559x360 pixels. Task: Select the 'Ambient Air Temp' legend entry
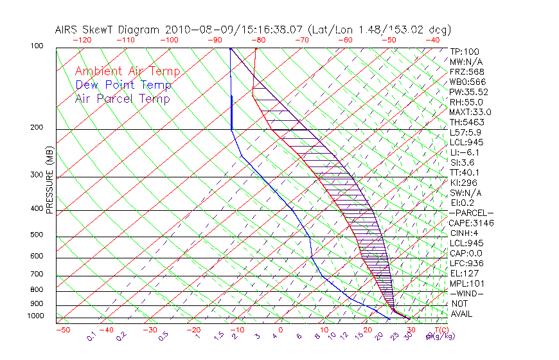[x=127, y=71]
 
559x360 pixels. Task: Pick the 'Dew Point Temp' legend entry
[x=123, y=85]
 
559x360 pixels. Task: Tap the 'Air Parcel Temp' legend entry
[x=122, y=98]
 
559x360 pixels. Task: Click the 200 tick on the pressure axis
[x=37, y=128]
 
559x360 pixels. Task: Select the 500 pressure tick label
[x=37, y=235]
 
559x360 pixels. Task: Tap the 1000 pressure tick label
[x=35, y=316]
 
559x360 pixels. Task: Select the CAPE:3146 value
[x=471, y=223]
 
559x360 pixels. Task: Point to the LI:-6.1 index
[x=466, y=152]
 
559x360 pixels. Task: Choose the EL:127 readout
[x=465, y=273]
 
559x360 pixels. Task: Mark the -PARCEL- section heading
[x=471, y=213]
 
